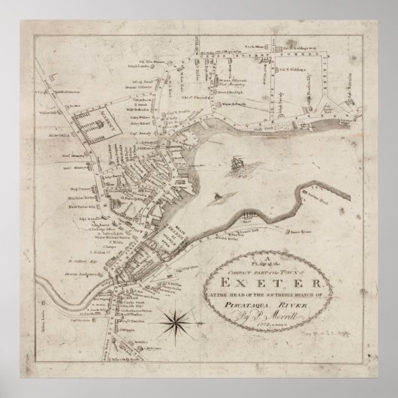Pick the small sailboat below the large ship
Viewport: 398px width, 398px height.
219,197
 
